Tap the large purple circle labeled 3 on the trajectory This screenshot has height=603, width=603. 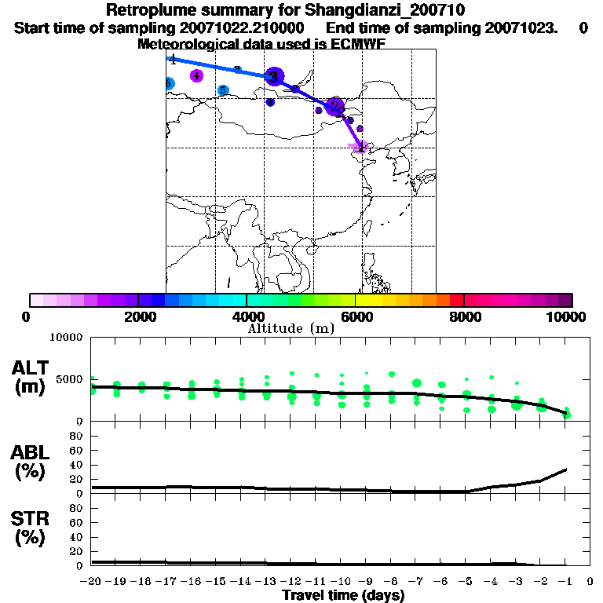[x=274, y=76]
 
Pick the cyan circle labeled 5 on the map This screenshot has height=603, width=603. [x=223, y=90]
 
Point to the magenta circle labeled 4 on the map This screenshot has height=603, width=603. [x=197, y=76]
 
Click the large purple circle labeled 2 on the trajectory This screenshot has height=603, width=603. [x=335, y=106]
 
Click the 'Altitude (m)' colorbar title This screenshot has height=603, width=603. [x=291, y=328]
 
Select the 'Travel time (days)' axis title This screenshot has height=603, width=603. [x=343, y=595]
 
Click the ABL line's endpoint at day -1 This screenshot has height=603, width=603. [x=566, y=470]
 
